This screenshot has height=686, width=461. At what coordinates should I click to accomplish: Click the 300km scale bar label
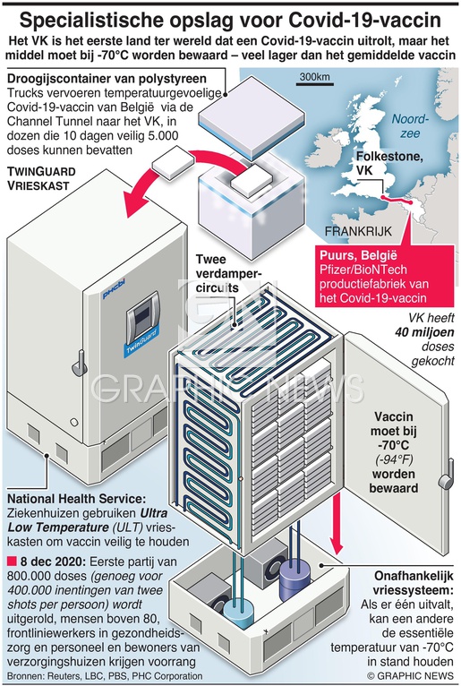tap(314, 77)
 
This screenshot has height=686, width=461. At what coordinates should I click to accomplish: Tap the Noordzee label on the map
tap(410, 126)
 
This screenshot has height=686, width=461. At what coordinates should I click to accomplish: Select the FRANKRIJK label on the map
tap(358, 231)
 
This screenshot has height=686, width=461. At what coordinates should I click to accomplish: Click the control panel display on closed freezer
tap(142, 313)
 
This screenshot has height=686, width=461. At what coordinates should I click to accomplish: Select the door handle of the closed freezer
tap(81, 362)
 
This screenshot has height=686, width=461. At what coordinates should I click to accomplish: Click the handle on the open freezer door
tap(446, 478)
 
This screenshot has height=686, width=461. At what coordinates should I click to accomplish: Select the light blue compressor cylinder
tap(239, 613)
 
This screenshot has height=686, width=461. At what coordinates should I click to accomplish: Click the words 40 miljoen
tap(424, 332)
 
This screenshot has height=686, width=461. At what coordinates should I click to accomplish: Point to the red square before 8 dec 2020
tap(12, 561)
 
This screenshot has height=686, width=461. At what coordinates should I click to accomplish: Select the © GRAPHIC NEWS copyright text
tap(410, 675)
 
